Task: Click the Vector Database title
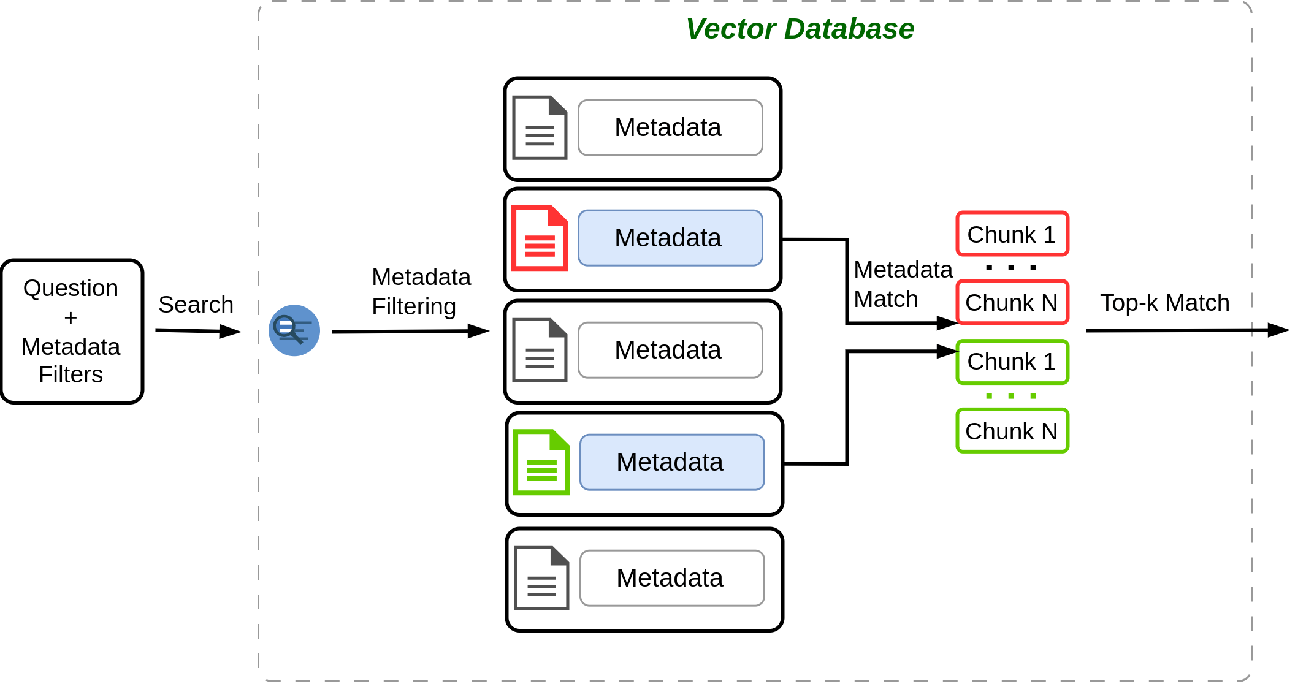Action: coord(800,29)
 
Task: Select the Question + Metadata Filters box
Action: coord(72,331)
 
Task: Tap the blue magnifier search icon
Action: coord(294,330)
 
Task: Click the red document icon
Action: coord(540,238)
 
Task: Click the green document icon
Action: coord(541,462)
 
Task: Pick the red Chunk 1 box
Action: coord(1012,234)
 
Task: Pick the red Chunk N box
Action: coord(1012,302)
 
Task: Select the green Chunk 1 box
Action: coord(1012,362)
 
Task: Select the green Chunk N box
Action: coord(1012,431)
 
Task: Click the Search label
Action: coord(196,305)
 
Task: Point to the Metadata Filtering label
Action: coord(421,292)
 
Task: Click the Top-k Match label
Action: coord(1164,303)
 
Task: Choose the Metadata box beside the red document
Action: coord(670,238)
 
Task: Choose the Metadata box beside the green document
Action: coord(671,462)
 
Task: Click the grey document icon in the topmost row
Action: coord(540,127)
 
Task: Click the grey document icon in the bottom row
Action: coord(541,578)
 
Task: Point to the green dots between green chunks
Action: coord(1011,396)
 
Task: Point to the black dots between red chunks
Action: coord(1011,268)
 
